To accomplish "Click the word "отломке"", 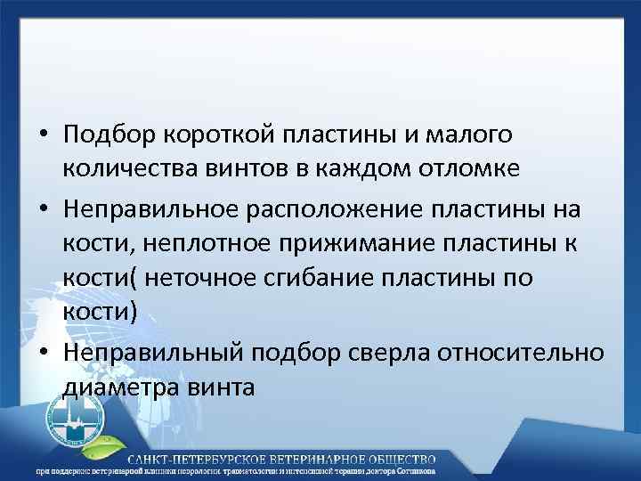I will click(x=451, y=168).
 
